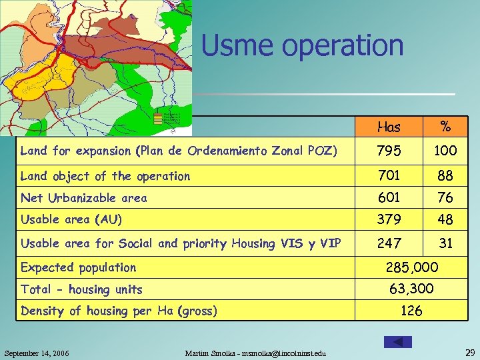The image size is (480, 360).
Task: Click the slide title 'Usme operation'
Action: [x=302, y=46]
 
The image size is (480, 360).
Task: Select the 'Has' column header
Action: [x=389, y=127]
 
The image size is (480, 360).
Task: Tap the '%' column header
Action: [x=445, y=127]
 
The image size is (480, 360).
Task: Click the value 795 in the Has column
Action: [x=389, y=151]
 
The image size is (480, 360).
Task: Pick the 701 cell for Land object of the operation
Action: [x=389, y=176]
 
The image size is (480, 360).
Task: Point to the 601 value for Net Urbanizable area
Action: [x=389, y=197]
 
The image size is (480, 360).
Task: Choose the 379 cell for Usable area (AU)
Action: [x=389, y=219]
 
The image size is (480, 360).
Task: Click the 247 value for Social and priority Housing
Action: [x=389, y=243]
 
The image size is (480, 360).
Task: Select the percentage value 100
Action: [x=445, y=151]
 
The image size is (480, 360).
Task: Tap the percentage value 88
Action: [x=445, y=176]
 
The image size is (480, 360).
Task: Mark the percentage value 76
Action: [x=445, y=197]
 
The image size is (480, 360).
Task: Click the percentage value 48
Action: [x=445, y=219]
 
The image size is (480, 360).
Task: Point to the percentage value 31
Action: [x=445, y=243]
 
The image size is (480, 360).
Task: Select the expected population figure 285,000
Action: [x=412, y=267]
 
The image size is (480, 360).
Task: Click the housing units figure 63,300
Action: [x=411, y=289]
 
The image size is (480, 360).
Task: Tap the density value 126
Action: [x=411, y=310]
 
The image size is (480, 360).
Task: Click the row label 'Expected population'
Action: [x=79, y=267]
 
